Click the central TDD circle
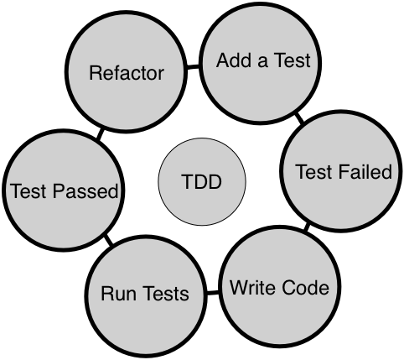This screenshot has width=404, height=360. pos(202,181)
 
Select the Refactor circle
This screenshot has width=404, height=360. pos(126,72)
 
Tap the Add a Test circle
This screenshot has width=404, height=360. pos(261,63)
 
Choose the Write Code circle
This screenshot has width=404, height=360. pos(280,286)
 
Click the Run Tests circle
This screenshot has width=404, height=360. pos(146,296)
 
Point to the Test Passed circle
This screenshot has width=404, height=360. pos(64,190)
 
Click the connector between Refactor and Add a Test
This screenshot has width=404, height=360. pos(193,67)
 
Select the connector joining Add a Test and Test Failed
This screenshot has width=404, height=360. pos(300,117)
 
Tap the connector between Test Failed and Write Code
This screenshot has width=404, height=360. pos(307,227)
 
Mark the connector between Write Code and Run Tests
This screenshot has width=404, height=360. pos(213,293)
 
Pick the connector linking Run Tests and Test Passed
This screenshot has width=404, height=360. pos(109,240)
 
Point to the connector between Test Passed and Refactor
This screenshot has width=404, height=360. pos(100,133)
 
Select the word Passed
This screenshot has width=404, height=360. pos(85,190)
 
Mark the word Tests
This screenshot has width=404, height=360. pos(167,294)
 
